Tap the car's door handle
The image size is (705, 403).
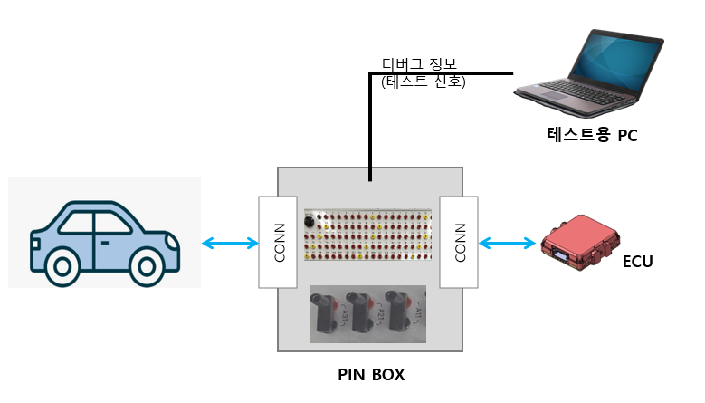(x=106, y=243)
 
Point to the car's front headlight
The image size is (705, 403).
(x=175, y=242)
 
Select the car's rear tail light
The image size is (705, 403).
(x=33, y=242)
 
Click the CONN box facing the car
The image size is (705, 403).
(x=278, y=242)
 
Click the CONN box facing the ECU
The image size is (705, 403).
(x=459, y=242)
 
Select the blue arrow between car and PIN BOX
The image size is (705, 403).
(x=229, y=243)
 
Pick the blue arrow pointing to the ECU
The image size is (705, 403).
(x=507, y=243)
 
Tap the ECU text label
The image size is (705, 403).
(x=637, y=263)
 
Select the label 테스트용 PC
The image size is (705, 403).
(x=592, y=136)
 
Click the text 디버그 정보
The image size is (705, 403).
(x=419, y=64)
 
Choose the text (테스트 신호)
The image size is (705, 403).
(x=423, y=81)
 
